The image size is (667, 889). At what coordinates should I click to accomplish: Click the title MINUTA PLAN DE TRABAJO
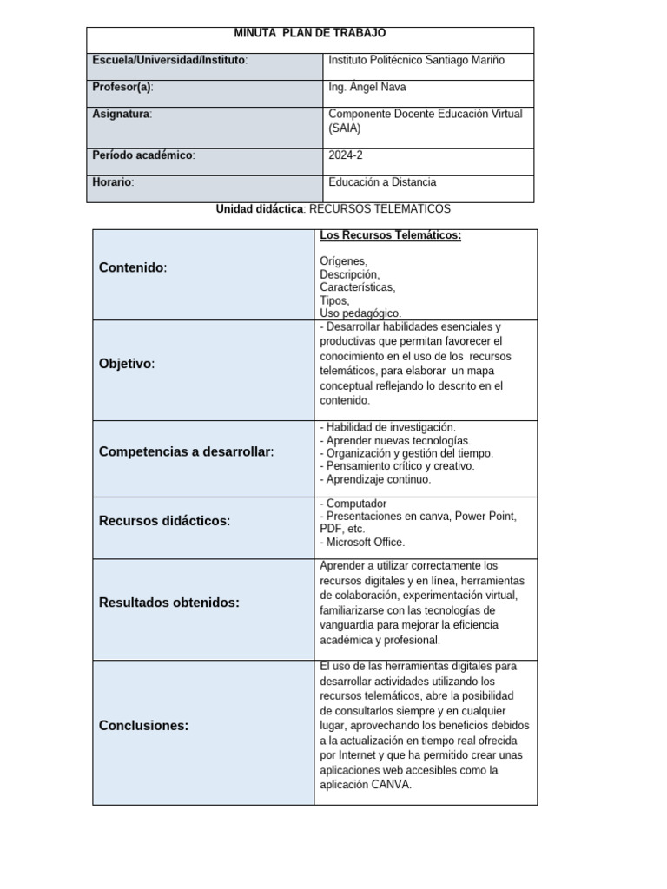coord(310,33)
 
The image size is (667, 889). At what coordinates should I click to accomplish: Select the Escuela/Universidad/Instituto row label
coord(170,60)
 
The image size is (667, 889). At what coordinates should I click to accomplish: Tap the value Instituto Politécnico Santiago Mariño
coord(416,60)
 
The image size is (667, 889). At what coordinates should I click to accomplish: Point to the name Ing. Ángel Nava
coord(367,87)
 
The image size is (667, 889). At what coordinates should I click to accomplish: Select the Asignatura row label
coord(122,114)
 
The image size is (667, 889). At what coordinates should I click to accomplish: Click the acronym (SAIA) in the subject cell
coord(345,128)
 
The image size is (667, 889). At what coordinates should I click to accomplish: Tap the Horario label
coord(114,182)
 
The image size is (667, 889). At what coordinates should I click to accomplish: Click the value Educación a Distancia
coord(382,182)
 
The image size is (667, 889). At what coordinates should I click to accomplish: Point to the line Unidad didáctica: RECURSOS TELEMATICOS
coord(333,209)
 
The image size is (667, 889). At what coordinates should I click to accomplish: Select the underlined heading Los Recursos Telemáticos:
coord(390,235)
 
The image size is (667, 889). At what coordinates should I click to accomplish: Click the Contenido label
coord(133,267)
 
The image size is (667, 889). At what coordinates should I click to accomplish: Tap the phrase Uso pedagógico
coord(360,313)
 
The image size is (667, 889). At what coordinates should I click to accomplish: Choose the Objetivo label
coord(128,364)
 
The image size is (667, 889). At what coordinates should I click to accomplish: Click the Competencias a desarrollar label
coord(186,451)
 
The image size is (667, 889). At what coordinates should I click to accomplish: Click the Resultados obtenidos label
coord(169,602)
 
